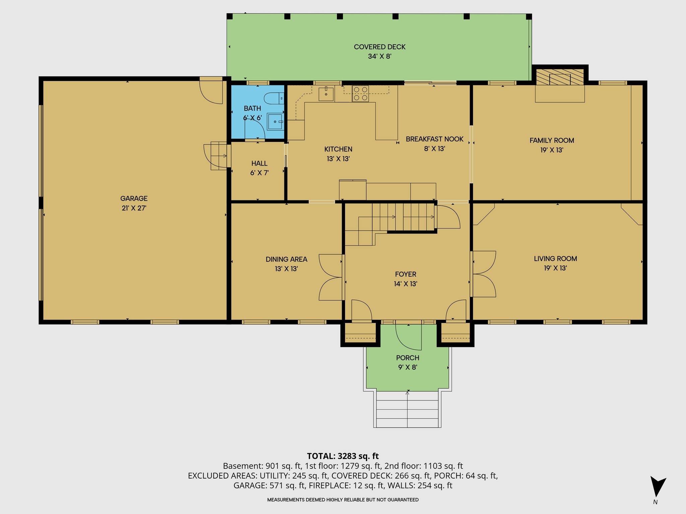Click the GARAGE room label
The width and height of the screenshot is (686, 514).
pos(134,198)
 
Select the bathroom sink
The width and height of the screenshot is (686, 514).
pos(275,122)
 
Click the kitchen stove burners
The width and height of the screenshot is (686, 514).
pos(360,94)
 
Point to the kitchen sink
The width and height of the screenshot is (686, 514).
pos(326,94)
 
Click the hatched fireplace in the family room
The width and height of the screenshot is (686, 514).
pos(560,77)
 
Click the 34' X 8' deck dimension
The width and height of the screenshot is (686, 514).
pos(380,56)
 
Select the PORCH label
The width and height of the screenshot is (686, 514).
pos(407,358)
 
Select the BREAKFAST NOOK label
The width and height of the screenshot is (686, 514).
pos(434,139)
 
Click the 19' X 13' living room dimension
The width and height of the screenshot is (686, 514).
pos(555,268)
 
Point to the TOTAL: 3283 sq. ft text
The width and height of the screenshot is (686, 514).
pos(343,456)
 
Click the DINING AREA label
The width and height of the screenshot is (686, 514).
pos(286,259)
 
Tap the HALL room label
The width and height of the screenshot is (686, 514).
pos(259,163)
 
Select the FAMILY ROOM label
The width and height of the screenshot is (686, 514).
pos(552,141)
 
